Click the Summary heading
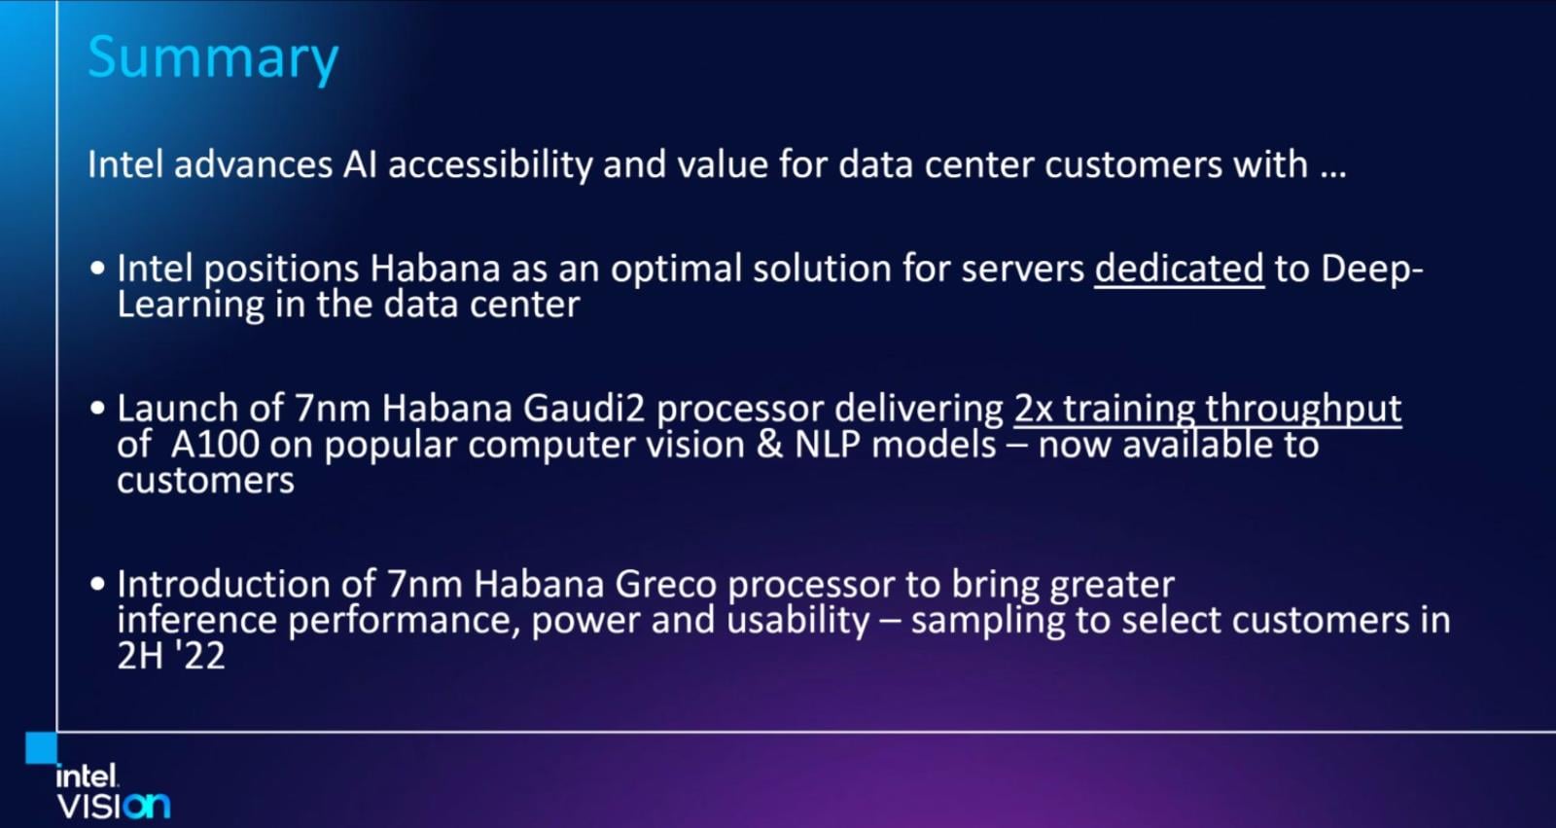pos(213,58)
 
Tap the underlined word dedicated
pos(1179,269)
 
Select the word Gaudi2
pos(584,408)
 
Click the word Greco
pos(665,584)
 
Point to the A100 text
pos(215,445)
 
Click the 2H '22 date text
pos(171,656)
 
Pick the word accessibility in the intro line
pos(490,165)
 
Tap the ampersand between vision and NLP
pos(769,445)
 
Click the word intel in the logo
pos(87,776)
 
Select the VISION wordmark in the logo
pos(113,806)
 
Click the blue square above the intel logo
pos(41,747)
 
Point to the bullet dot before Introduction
pos(97,583)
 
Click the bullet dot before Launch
pos(97,408)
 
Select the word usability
pos(798,621)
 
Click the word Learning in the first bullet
pos(191,306)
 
